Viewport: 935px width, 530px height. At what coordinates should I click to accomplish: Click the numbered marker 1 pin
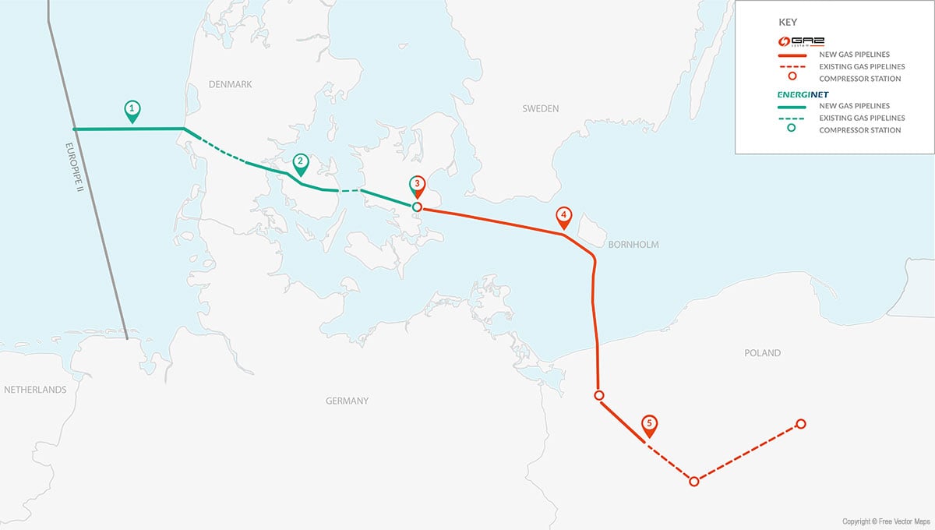point(132,109)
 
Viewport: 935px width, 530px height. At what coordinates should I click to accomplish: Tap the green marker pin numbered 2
point(301,163)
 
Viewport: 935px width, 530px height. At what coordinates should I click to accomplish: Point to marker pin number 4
point(563,217)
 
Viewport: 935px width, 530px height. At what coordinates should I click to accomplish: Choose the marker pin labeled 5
point(649,426)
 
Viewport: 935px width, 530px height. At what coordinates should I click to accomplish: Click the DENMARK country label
point(230,84)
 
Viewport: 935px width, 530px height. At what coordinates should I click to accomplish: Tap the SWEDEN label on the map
point(540,109)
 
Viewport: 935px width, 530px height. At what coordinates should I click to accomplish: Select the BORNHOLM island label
point(634,245)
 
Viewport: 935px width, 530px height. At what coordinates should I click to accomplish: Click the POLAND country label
point(762,353)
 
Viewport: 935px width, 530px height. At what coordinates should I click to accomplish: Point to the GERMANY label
point(347,401)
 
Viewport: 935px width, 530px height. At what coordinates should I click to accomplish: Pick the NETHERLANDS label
point(35,390)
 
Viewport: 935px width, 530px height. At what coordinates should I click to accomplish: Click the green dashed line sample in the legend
point(791,118)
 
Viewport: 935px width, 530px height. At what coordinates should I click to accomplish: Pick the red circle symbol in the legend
point(791,78)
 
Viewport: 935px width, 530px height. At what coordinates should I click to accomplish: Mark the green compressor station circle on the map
point(417,207)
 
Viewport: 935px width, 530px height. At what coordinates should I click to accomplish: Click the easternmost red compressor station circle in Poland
point(800,424)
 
